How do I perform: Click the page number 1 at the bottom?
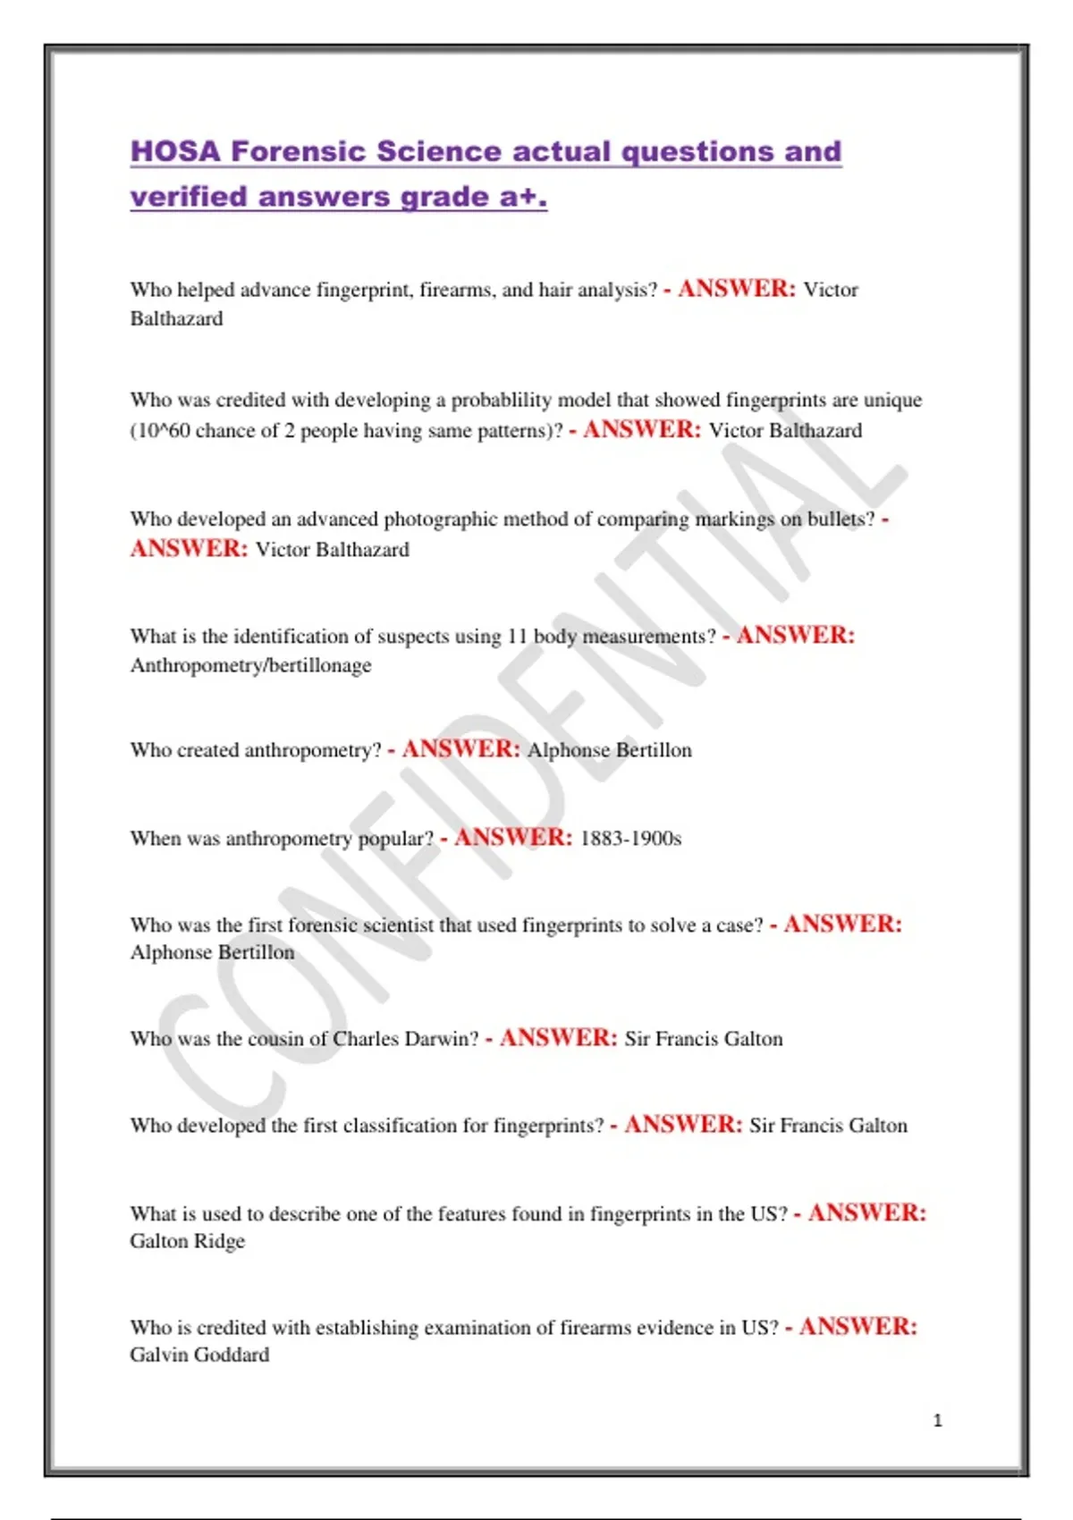[x=937, y=1420]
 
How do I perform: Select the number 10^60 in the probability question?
[x=163, y=431]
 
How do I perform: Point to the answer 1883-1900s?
[x=630, y=839]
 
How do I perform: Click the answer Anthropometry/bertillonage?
[x=250, y=665]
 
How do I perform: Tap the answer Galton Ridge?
[x=187, y=1241]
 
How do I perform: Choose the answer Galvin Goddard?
[x=199, y=1355]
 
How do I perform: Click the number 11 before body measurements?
[x=518, y=637]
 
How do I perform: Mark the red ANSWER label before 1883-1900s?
[x=512, y=838]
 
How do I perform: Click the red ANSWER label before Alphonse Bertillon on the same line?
[x=460, y=749]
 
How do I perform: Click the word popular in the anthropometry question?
[x=395, y=839]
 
